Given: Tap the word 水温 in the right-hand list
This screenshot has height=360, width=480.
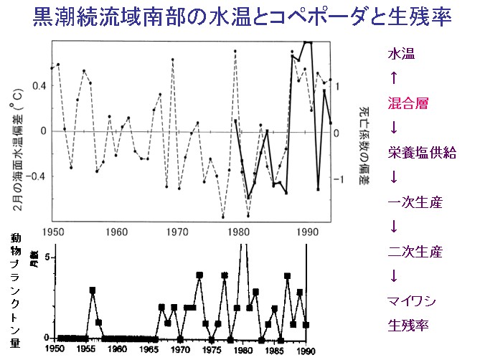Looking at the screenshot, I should tap(403, 55).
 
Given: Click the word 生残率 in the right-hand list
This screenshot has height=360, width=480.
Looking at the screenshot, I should tap(408, 325).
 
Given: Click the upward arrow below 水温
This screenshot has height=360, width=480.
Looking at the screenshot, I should tap(392, 78).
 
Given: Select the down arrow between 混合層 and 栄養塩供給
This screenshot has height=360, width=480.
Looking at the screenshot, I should tap(392, 128).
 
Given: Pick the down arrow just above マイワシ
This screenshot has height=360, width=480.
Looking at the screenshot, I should tap(392, 276).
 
